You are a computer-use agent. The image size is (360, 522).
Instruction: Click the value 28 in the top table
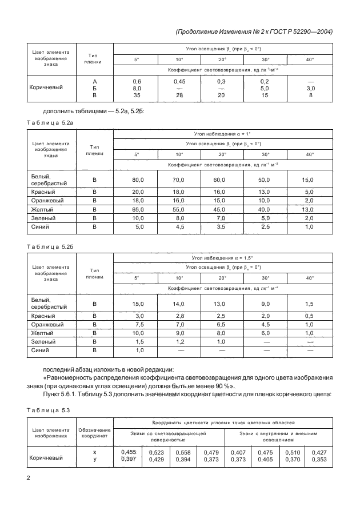(179, 96)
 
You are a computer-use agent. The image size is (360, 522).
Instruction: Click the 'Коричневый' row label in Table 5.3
(46, 456)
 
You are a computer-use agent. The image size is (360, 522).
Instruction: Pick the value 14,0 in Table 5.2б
(179, 304)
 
